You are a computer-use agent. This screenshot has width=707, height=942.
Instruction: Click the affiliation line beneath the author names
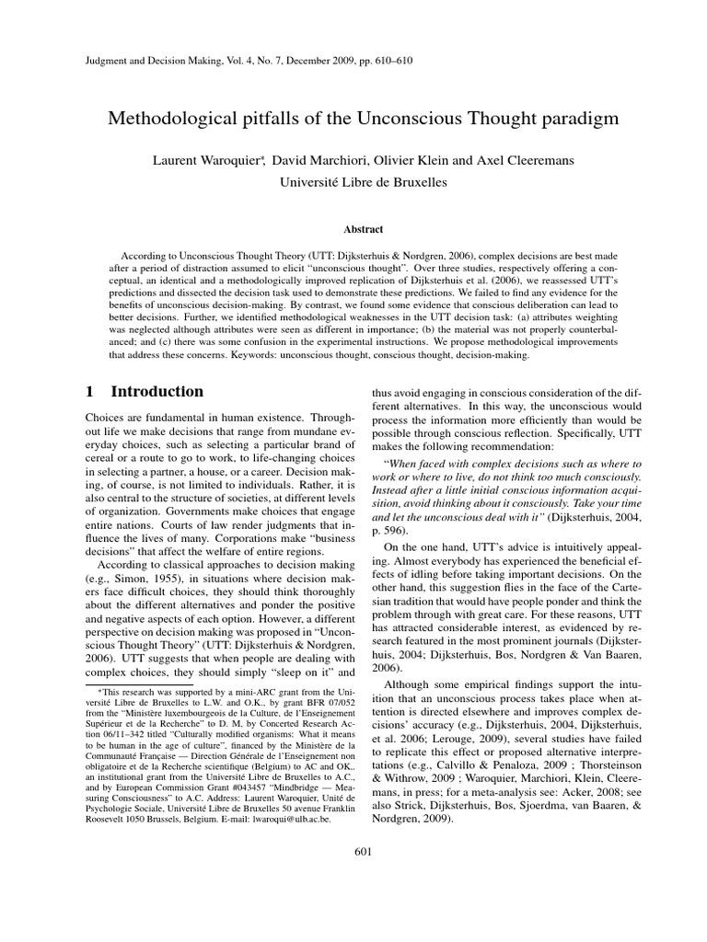pos(362,182)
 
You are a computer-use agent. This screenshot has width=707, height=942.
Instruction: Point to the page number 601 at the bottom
pos(362,850)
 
